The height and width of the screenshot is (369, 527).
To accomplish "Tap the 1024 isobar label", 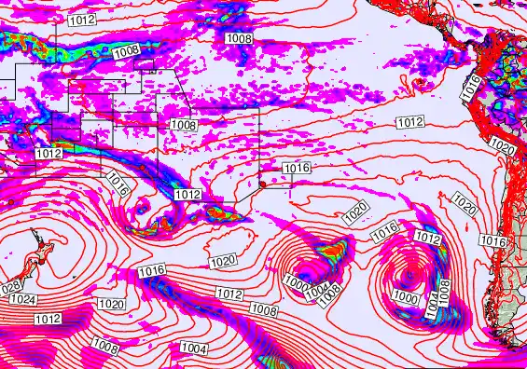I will click(x=25, y=300).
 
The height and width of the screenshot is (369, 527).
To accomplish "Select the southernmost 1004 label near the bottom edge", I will click(x=193, y=348).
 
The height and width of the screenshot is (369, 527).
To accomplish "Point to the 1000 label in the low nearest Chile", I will click(x=406, y=296).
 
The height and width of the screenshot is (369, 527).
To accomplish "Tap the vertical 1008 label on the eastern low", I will click(x=444, y=291).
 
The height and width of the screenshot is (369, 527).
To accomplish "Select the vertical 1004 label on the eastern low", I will click(x=432, y=303).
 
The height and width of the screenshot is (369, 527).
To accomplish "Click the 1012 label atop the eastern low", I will click(x=427, y=239).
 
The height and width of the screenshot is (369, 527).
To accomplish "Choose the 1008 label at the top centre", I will click(x=239, y=38).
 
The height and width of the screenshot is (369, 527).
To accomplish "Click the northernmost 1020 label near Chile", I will click(x=502, y=148).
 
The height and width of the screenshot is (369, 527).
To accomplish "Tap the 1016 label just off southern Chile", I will click(x=493, y=241).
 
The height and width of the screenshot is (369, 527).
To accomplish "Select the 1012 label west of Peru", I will click(x=409, y=122).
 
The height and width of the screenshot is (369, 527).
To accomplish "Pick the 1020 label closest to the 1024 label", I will click(x=111, y=304).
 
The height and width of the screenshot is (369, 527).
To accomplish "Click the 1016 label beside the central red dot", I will click(x=296, y=168).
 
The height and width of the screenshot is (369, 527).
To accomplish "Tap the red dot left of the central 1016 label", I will click(x=262, y=184).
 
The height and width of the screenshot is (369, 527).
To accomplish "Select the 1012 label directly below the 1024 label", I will click(x=48, y=319).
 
